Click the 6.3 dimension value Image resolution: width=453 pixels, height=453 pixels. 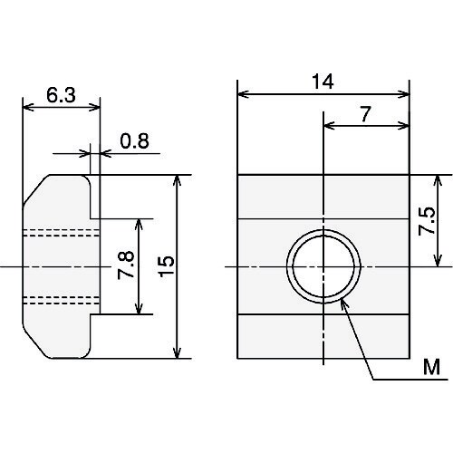click(x=61, y=95)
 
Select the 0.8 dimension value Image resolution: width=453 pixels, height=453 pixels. click(x=134, y=141)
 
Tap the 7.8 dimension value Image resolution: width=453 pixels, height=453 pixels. click(x=126, y=265)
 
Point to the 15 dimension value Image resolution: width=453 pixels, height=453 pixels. click(x=167, y=266)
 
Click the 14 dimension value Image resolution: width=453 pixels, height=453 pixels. click(x=323, y=82)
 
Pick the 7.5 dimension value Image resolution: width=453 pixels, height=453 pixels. click(x=427, y=221)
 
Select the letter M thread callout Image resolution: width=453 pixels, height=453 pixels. click(x=431, y=367)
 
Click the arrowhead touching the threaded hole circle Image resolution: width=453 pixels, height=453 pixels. click(x=344, y=303)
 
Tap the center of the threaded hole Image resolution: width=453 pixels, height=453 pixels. click(x=323, y=266)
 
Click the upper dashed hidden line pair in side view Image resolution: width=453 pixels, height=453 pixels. click(x=62, y=233)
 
